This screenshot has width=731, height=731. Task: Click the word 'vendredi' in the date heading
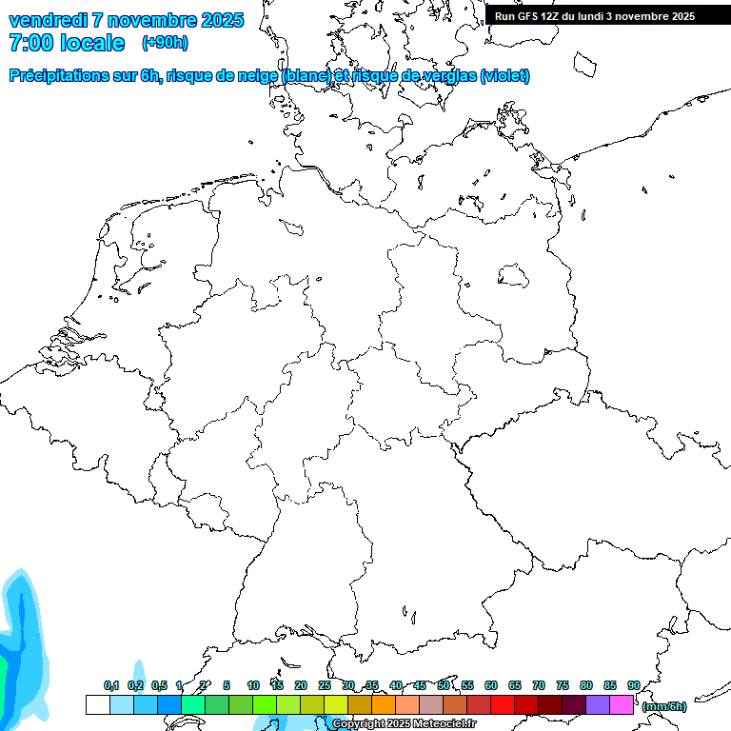point(48,20)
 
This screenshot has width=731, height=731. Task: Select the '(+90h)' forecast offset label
point(165,43)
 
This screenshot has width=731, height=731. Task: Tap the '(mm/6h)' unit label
point(664,706)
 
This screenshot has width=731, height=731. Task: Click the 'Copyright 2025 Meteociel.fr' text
point(405,724)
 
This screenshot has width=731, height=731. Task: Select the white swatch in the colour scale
point(97,704)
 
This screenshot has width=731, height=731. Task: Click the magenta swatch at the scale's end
point(622,704)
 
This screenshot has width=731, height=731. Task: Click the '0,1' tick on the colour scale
point(110,686)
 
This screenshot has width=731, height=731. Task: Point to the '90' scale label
point(634,686)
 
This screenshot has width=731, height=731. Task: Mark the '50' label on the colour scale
point(444,686)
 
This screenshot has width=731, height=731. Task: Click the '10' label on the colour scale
point(253,686)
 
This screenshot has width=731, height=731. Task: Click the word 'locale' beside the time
point(91,43)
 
